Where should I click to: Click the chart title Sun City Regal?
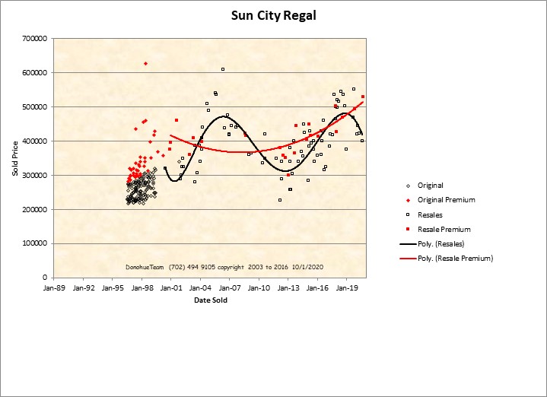point(273,15)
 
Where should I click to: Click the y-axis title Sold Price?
point(14,158)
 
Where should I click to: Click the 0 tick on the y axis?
point(45,278)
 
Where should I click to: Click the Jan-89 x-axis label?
point(54,288)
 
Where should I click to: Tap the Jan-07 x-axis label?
point(230,288)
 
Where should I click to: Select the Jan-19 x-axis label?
point(348,288)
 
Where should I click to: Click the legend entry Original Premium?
point(446,200)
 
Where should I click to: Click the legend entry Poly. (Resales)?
point(442,243)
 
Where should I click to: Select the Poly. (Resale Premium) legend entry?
point(455,259)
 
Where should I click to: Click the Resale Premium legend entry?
point(444,229)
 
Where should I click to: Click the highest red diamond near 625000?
point(145,63)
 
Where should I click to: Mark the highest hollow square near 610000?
point(223,69)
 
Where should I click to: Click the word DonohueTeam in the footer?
point(145,268)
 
